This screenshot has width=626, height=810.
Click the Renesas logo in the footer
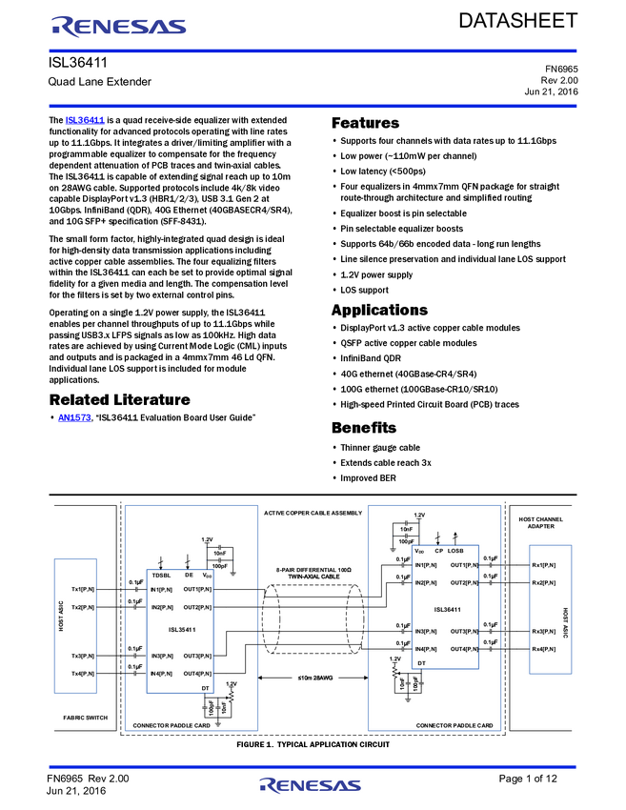[x=310, y=786]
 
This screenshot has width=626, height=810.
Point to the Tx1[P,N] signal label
[x=84, y=590]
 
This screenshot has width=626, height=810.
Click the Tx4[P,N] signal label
[x=84, y=674]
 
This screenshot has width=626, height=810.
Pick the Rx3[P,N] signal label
[x=544, y=631]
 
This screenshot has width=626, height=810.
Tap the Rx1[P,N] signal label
[x=544, y=565]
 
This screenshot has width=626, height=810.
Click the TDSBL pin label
[x=161, y=575]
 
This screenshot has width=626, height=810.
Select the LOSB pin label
[x=456, y=550]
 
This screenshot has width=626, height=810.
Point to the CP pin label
[x=438, y=550]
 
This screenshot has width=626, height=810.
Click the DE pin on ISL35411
[x=189, y=575]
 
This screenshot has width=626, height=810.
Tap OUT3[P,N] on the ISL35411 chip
[x=198, y=656]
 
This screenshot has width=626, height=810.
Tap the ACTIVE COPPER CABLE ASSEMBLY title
[x=313, y=513]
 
